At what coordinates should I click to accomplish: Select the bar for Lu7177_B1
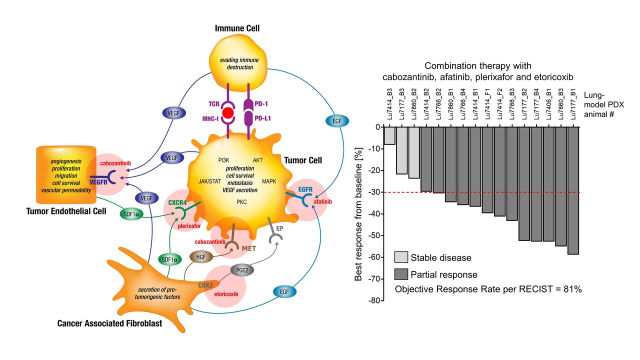coord(573,190)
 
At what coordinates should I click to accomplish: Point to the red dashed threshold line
coord(480,192)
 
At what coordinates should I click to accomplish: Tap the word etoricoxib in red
coord(224,294)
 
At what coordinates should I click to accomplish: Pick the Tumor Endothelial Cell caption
coord(66,211)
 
